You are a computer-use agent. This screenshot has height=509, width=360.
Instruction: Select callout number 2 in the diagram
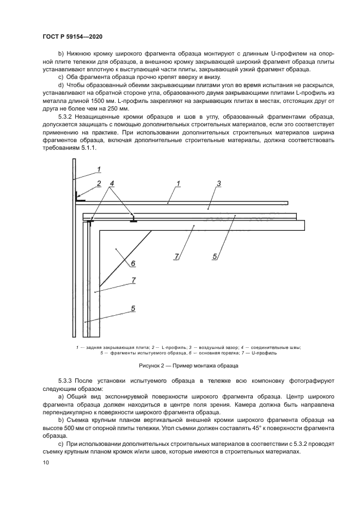[x=99, y=183]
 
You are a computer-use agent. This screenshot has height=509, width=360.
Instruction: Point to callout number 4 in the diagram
[x=112, y=183]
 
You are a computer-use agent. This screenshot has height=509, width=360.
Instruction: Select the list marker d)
[x=61, y=85]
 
